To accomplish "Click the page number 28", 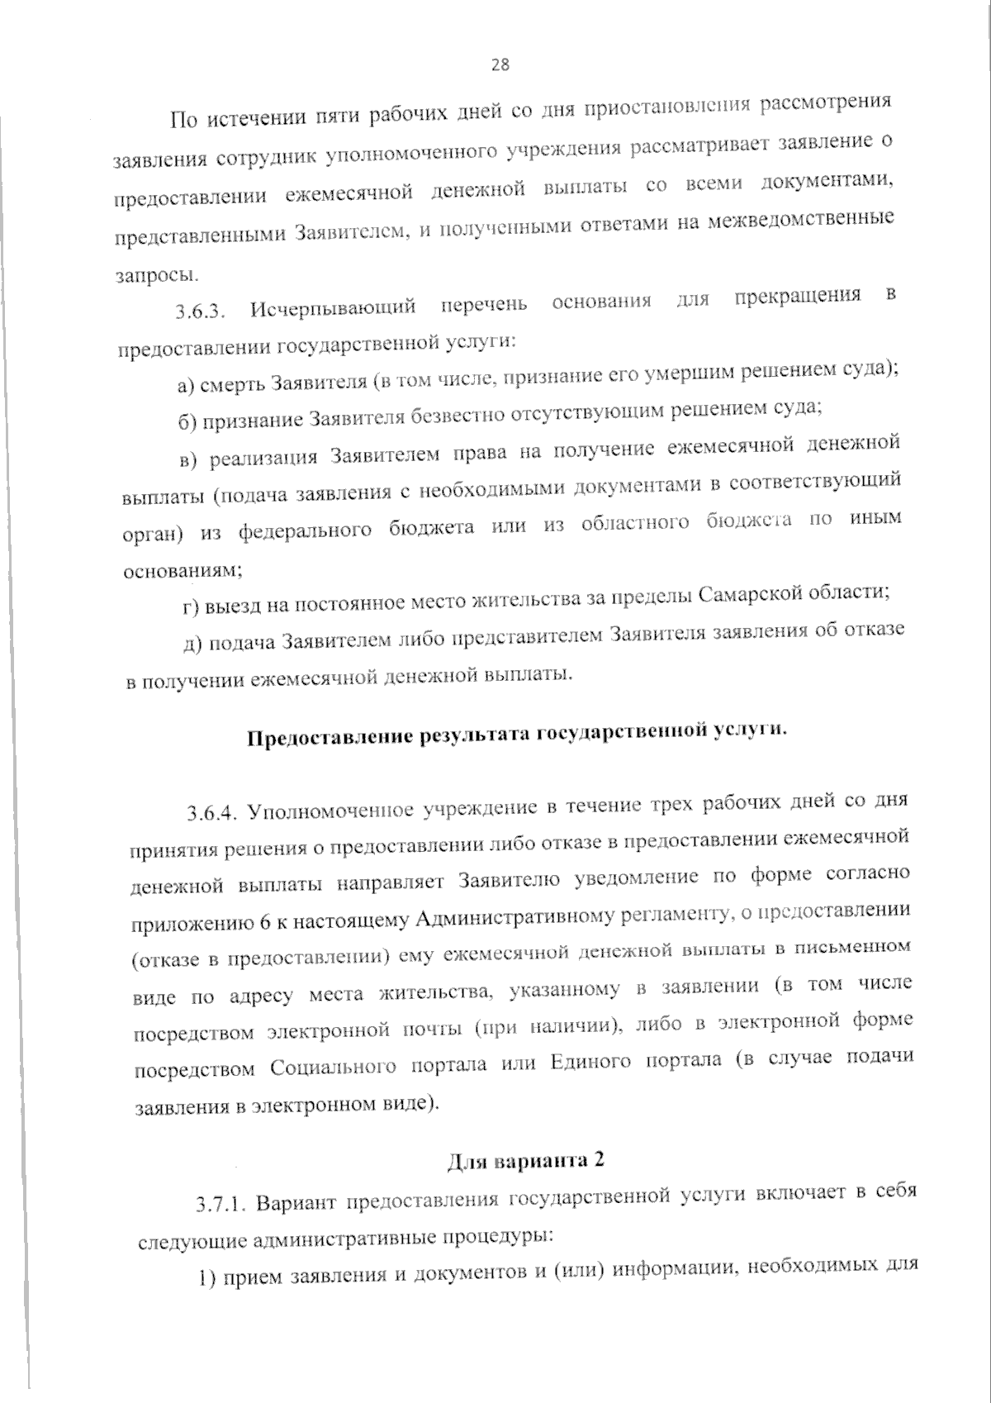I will [x=500, y=65].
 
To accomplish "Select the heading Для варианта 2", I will [x=526, y=1160].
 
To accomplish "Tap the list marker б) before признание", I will [x=187, y=422].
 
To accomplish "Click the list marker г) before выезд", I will [x=190, y=609].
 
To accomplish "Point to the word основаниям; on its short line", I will [x=183, y=571].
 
